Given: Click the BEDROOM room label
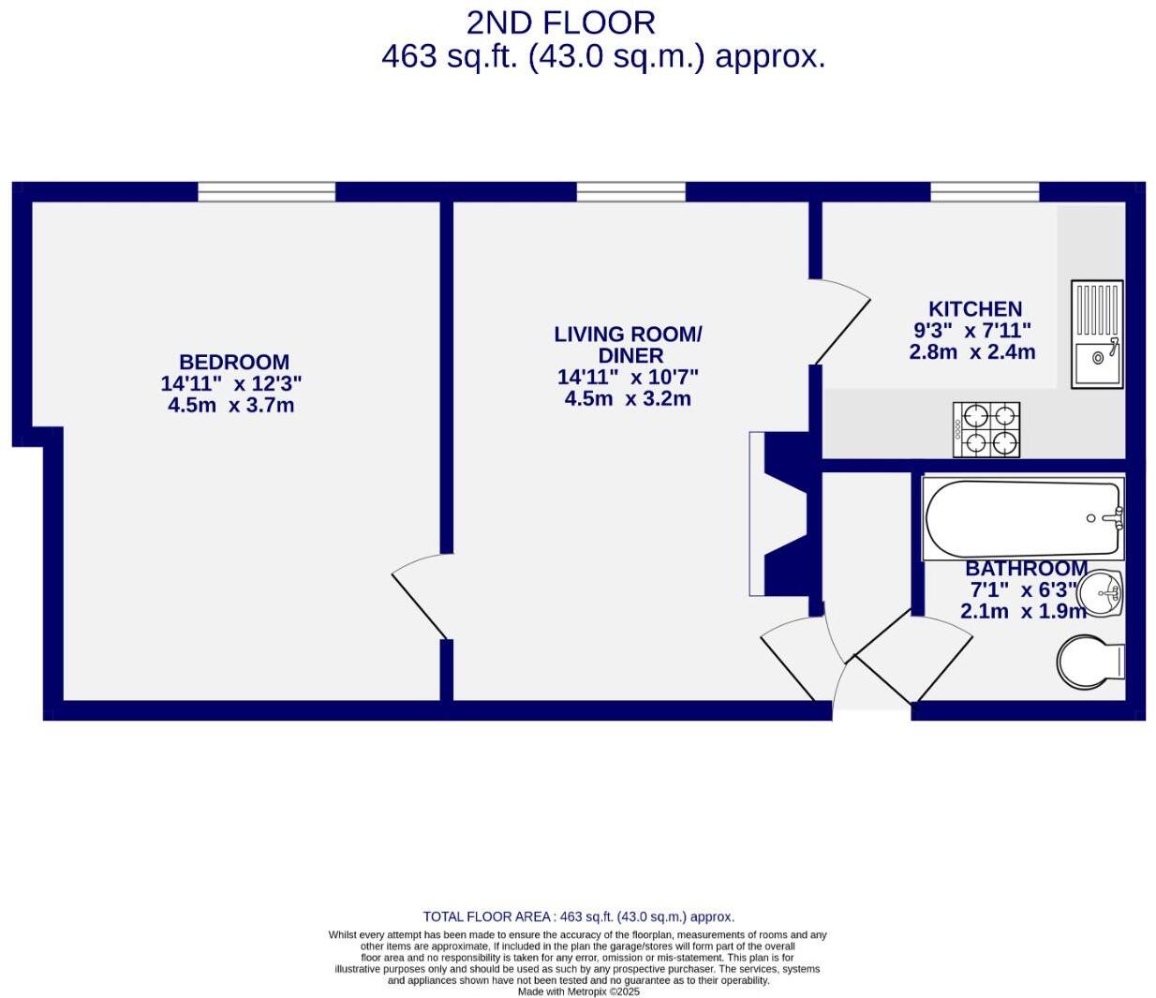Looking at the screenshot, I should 233,362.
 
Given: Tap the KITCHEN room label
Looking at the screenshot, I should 974,308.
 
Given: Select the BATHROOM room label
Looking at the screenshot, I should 1026,568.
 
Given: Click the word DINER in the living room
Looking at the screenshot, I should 630,355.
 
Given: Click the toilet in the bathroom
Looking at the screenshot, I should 1090,663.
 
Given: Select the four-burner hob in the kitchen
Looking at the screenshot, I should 986,430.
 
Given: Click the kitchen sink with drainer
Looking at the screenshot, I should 1096,334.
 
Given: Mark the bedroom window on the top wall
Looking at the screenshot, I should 266,192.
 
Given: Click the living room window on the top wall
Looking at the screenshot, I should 630,192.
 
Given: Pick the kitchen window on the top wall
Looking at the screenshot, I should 984,192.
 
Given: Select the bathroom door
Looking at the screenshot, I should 913,656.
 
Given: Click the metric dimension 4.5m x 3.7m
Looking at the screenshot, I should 230,405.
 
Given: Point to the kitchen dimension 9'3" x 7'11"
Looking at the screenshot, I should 971,330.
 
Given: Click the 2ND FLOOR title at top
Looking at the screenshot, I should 560,22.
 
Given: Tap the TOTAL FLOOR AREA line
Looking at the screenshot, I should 578,916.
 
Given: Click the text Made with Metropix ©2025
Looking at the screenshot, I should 578,991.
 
